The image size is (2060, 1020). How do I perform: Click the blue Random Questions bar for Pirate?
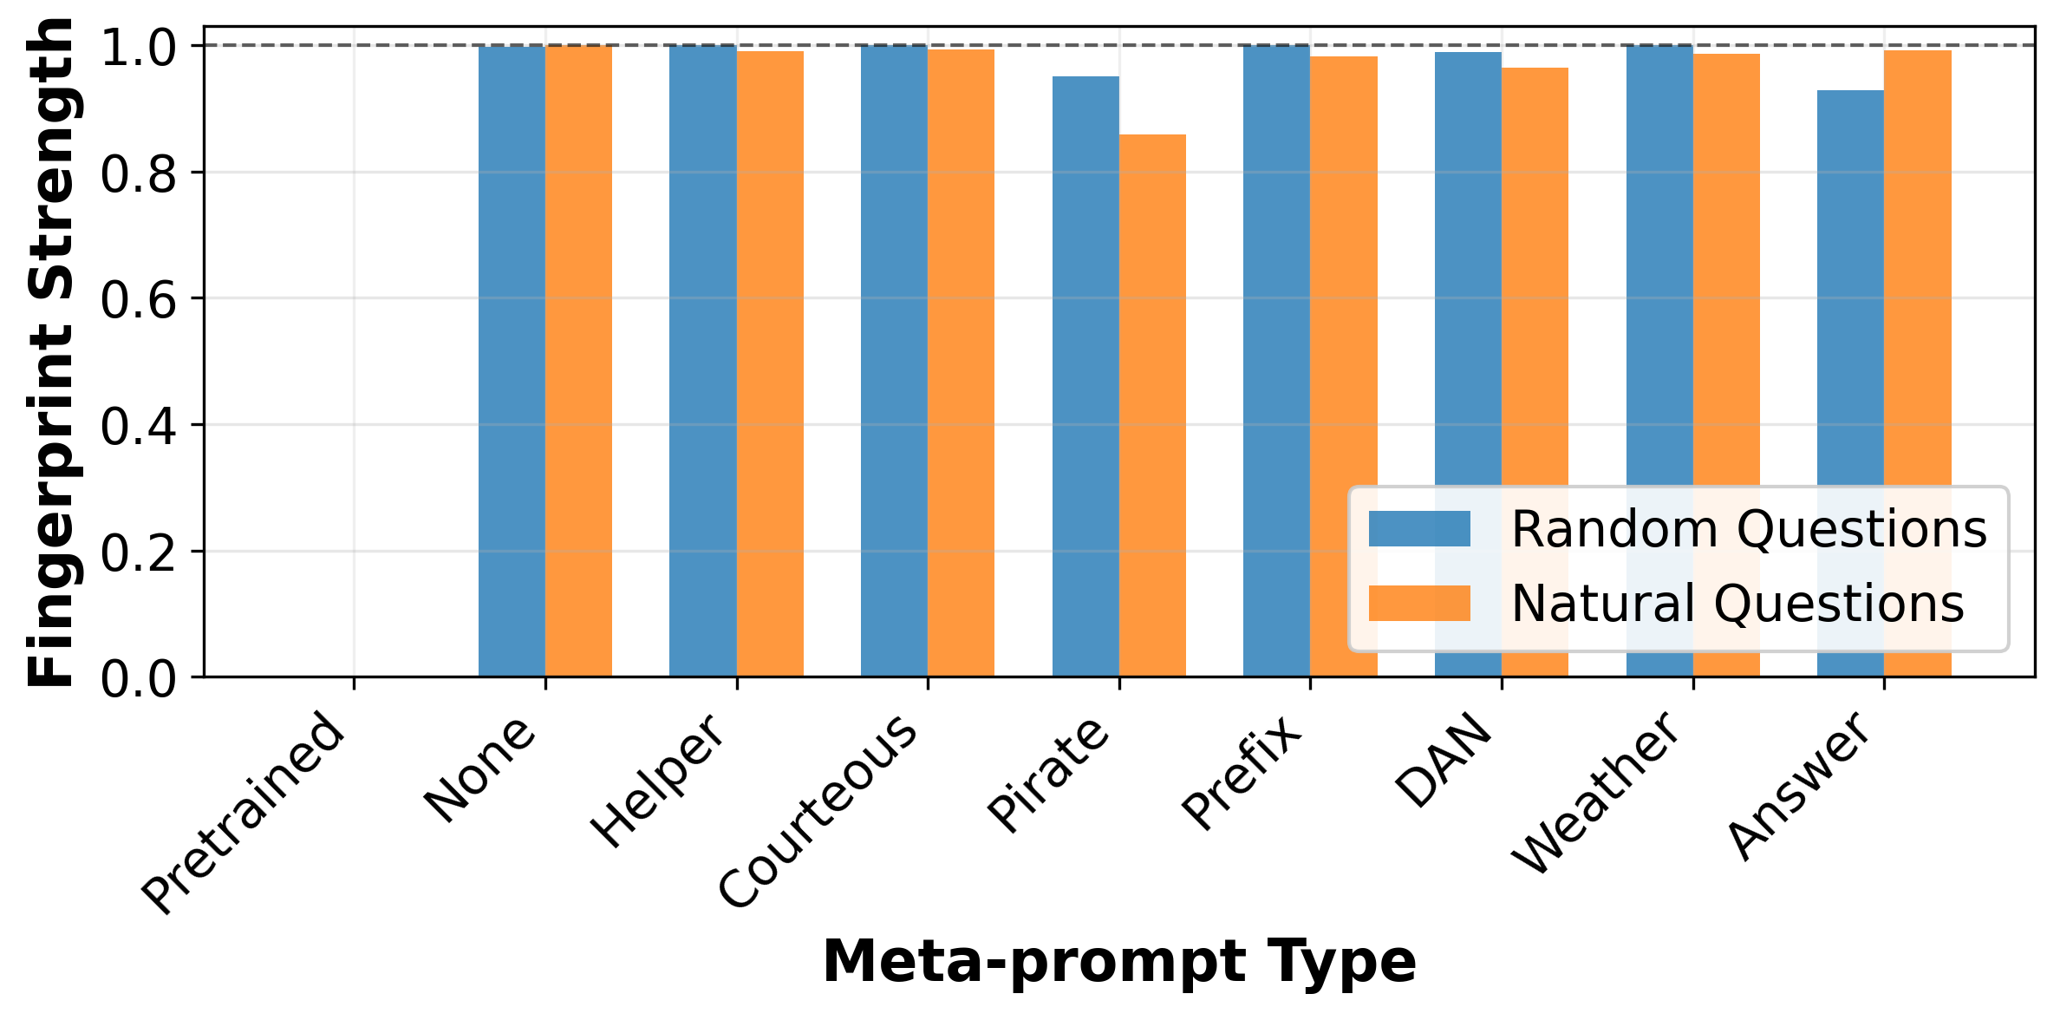pyautogui.click(x=1085, y=376)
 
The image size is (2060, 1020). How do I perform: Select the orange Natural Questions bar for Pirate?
pyautogui.click(x=1152, y=405)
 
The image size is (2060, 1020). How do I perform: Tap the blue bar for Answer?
pyautogui.click(x=1850, y=383)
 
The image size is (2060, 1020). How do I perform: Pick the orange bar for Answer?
pyautogui.click(x=1918, y=363)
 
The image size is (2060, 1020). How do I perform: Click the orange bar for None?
pyautogui.click(x=578, y=361)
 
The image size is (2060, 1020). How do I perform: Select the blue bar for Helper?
pyautogui.click(x=703, y=361)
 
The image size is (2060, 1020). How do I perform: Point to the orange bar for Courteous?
pyautogui.click(x=961, y=363)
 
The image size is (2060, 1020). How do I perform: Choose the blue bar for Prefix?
pyautogui.click(x=1276, y=361)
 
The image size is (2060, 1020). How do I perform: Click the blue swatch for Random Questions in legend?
pyautogui.click(x=1419, y=528)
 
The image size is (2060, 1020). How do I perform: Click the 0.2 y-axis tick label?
pyautogui.click(x=139, y=552)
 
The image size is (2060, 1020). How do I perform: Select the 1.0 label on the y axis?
pyautogui.click(x=139, y=48)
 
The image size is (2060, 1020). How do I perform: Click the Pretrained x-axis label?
pyautogui.click(x=244, y=813)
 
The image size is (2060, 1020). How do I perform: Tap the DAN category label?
pyautogui.click(x=1444, y=761)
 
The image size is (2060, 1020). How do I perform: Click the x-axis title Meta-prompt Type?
pyautogui.click(x=1119, y=962)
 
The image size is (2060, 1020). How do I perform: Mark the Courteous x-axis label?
pyautogui.click(x=818, y=811)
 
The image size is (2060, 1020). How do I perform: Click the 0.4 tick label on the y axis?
pyautogui.click(x=139, y=426)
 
